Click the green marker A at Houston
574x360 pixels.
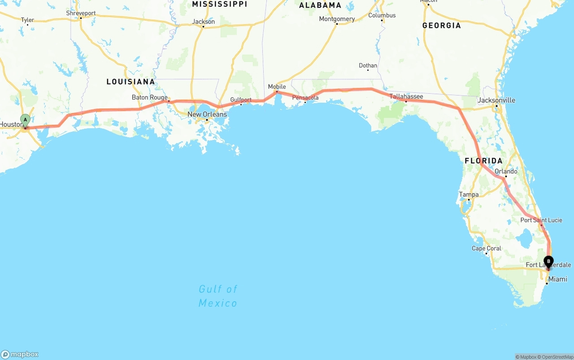point(25,120)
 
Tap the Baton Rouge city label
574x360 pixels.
point(149,97)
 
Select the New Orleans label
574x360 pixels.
point(207,114)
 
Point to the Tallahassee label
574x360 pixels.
point(406,96)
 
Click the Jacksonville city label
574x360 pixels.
point(496,100)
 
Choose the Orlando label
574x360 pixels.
point(506,171)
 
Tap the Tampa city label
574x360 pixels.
point(469,195)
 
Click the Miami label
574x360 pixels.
point(558,279)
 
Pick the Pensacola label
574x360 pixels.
point(305,97)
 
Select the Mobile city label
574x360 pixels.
point(277,87)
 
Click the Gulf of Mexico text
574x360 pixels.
point(218,296)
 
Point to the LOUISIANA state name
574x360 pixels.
point(130,82)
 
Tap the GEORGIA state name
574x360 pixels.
point(441,26)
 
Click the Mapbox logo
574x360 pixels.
point(20,354)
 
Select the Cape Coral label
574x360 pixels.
point(486,248)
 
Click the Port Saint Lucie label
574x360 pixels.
point(541,220)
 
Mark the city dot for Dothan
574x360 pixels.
point(368,70)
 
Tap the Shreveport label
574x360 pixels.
point(81,13)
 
